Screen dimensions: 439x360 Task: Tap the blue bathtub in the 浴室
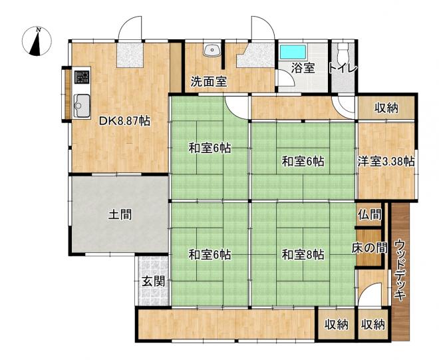coord(293,52)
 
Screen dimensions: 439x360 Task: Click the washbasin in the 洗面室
coord(212,51)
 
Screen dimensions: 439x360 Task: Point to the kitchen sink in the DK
coord(82,106)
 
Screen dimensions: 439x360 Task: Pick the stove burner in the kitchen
coord(82,77)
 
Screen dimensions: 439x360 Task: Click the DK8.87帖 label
coord(125,121)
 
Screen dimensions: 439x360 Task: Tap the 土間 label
coord(120,215)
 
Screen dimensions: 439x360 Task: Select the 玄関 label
coord(153,281)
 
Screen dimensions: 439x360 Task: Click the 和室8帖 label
coord(303,256)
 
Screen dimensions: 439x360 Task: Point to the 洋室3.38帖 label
coord(386,162)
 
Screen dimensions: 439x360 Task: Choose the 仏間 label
coord(369,215)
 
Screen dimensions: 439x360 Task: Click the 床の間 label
coord(370,248)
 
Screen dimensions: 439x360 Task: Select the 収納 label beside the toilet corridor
coord(386,108)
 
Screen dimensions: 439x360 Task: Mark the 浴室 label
coord(303,68)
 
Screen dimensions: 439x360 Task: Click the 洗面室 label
coord(209,82)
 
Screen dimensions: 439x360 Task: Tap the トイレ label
coord(343,69)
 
